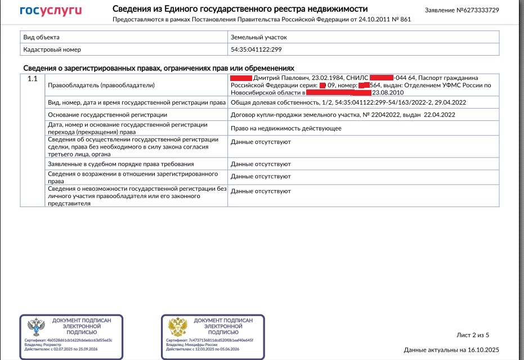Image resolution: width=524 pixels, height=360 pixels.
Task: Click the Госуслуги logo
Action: click(x=51, y=11)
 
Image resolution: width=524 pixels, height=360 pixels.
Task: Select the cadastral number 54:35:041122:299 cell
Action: click(x=256, y=49)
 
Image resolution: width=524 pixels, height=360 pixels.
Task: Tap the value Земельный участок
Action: click(x=258, y=37)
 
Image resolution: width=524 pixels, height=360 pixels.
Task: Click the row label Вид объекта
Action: click(x=41, y=37)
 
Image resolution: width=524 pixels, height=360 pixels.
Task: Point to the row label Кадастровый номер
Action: click(x=52, y=49)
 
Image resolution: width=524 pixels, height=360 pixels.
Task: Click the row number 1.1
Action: click(x=32, y=79)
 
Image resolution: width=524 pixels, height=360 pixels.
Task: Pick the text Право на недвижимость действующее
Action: click(x=286, y=128)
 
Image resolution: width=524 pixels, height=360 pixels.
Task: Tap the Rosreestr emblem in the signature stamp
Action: click(x=37, y=326)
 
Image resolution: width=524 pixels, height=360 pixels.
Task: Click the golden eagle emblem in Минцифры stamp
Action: click(x=178, y=326)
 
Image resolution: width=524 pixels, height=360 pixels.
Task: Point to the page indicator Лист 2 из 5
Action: click(x=473, y=335)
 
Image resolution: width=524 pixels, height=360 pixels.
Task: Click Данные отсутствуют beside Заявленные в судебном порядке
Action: click(x=261, y=164)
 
